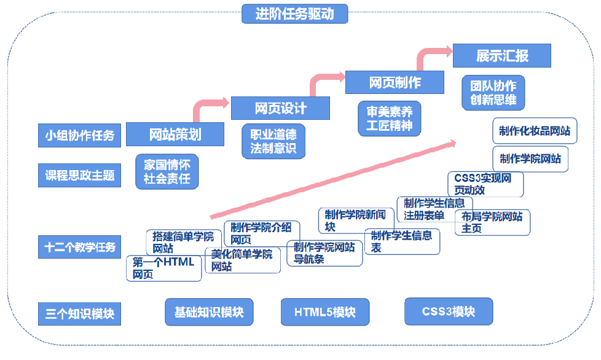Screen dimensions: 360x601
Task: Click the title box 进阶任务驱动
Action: pos(294,13)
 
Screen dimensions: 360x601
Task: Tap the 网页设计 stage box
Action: pos(280,108)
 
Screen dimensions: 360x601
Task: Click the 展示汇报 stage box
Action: pos(501,56)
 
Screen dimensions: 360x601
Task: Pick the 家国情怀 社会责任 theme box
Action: pos(167,171)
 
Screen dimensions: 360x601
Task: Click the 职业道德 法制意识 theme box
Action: pos(273,141)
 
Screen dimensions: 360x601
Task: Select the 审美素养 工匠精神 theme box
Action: pos(390,119)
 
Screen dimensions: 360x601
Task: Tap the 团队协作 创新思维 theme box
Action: pos(493,92)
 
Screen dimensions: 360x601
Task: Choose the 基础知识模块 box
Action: pos(209,312)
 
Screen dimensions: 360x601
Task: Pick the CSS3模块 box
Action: pos(449,311)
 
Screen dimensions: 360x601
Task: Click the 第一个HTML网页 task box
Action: pos(163,268)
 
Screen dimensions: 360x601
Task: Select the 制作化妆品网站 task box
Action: pos(535,131)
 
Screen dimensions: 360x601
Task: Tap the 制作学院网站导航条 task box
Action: pos(324,253)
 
